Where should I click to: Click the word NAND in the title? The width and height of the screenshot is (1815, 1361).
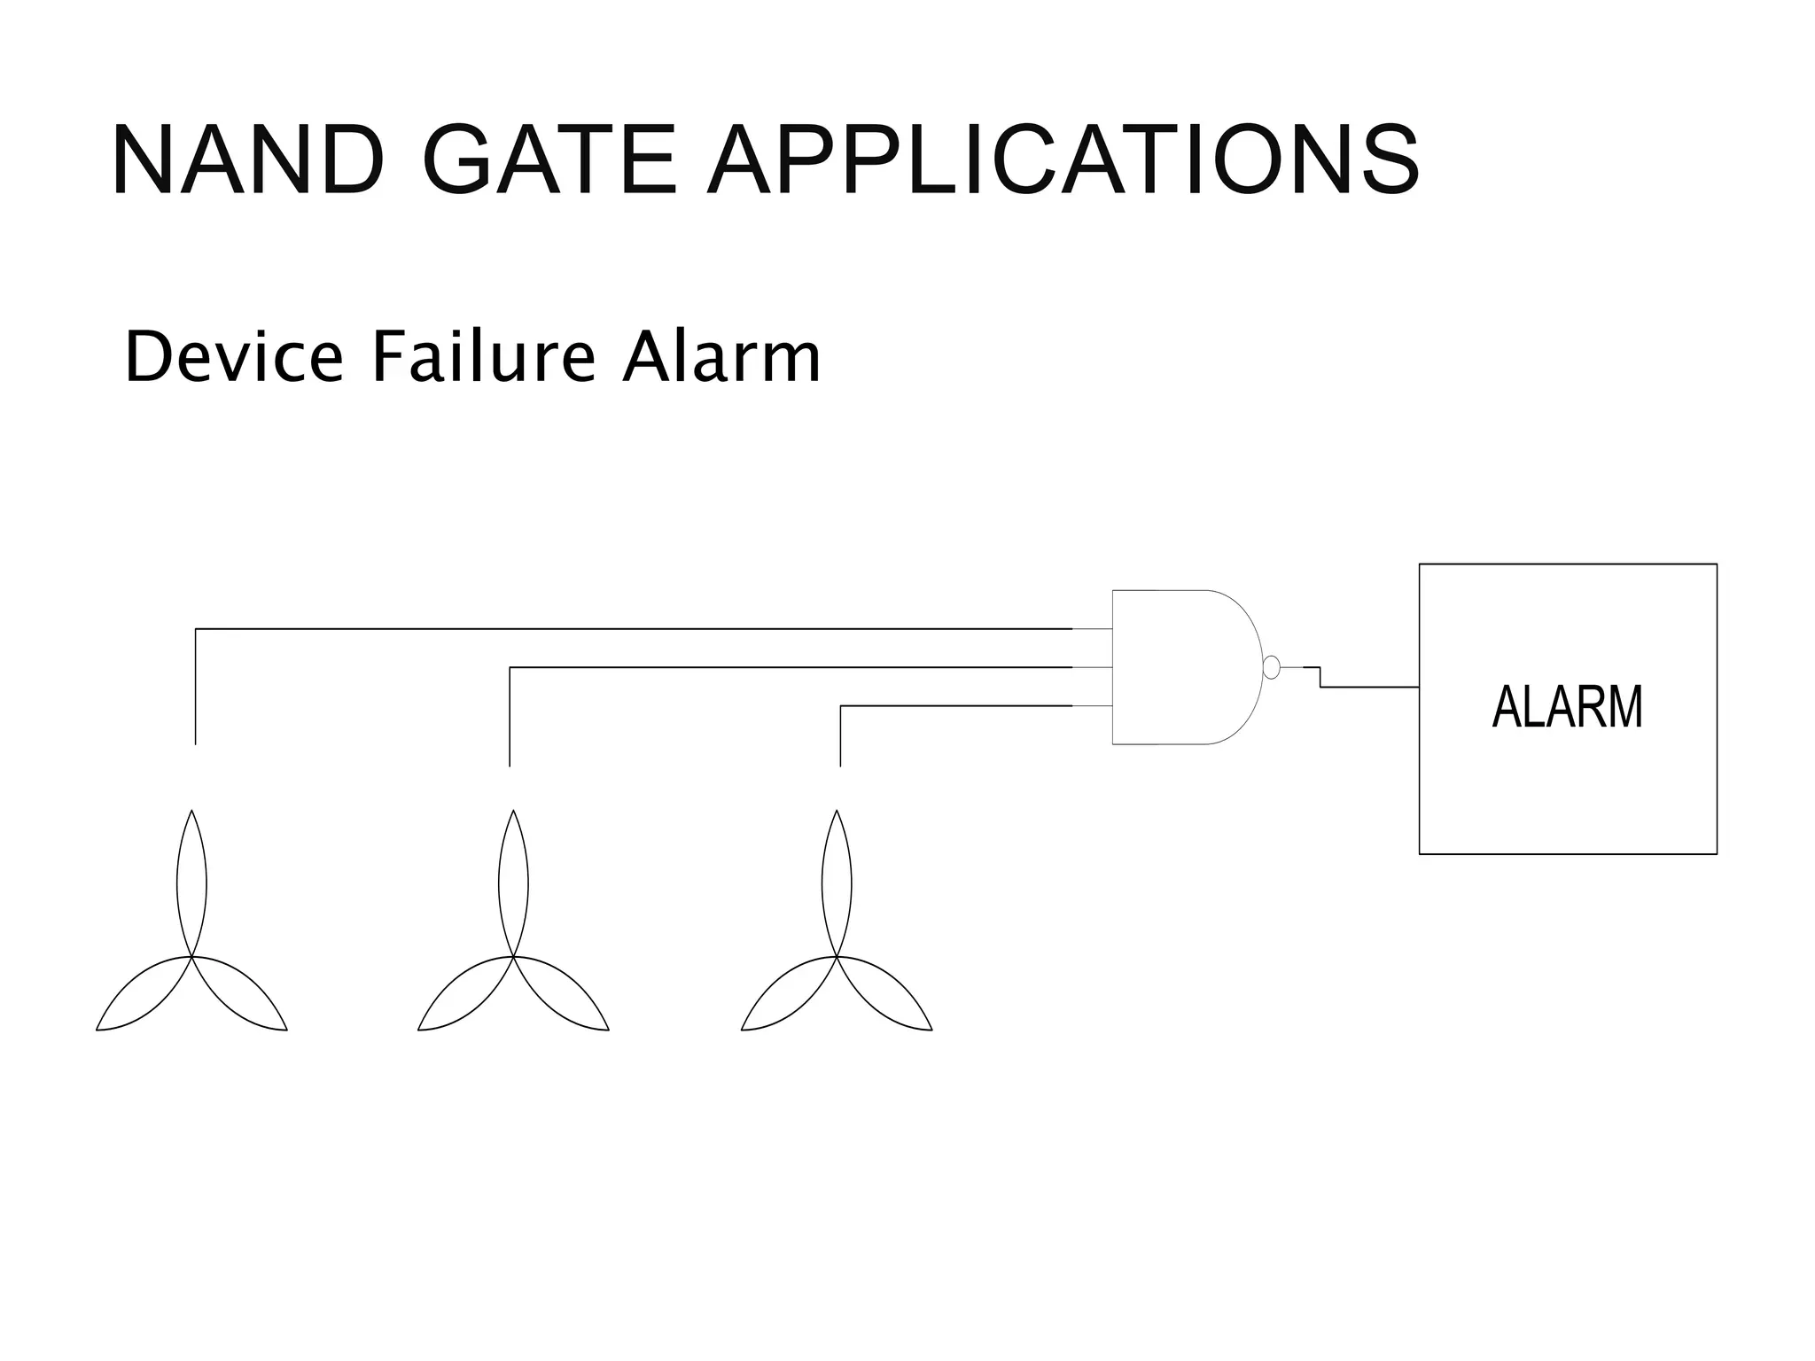tap(248, 160)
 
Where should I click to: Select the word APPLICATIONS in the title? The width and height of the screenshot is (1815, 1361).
tap(1063, 160)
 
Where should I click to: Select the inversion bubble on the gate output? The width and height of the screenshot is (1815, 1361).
tap(1271, 667)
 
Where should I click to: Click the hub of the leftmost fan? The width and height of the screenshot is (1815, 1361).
tap(191, 957)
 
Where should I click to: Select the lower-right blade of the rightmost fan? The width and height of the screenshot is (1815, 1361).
tap(886, 997)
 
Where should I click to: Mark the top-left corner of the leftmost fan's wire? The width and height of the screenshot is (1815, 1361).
tap(196, 629)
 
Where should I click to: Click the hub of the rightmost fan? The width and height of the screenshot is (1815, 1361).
tap(837, 957)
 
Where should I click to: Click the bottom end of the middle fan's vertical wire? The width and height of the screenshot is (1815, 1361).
tap(510, 764)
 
